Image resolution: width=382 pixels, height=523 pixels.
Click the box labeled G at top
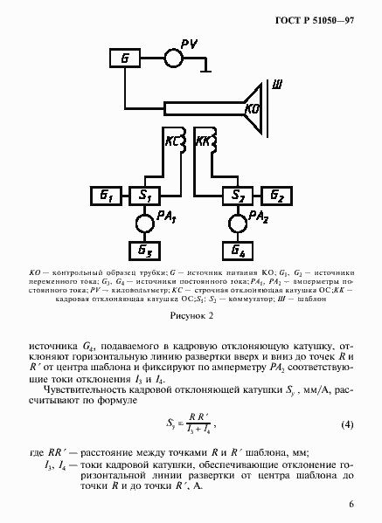point(124,58)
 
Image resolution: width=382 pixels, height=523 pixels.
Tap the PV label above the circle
point(191,44)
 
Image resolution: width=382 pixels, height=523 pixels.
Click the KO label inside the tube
point(253,110)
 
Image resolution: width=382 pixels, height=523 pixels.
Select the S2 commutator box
point(236,194)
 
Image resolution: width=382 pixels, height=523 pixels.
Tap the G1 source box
point(105,194)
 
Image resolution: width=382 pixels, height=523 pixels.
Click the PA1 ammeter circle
point(142,224)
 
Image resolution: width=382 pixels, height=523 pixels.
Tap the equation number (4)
point(346,424)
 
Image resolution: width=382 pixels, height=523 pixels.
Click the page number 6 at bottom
point(351,504)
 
